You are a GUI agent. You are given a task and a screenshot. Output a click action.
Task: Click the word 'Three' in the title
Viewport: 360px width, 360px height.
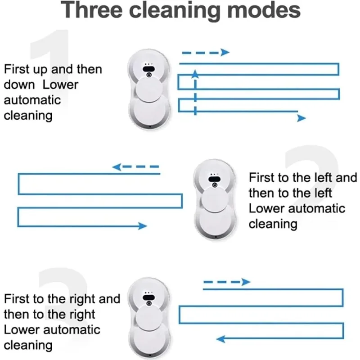coord(92,10)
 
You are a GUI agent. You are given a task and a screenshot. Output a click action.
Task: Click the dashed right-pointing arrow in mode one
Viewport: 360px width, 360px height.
coord(206,53)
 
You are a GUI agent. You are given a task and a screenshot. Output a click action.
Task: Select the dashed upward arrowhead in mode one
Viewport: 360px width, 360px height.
coord(195,73)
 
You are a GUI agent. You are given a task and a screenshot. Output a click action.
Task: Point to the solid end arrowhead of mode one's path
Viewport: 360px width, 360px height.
coord(301,118)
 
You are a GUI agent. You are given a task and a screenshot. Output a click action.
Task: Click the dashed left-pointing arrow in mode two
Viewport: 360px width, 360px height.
coord(135,166)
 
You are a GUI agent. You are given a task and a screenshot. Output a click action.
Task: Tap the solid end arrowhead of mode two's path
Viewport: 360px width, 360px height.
coord(143,226)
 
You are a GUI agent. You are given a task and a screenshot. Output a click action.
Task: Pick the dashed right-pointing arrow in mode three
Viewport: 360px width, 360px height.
coord(227,282)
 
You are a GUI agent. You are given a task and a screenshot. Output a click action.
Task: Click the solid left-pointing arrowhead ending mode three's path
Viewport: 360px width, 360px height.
coord(220,339)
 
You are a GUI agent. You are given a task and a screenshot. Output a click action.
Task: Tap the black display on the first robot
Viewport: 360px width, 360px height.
coord(149,69)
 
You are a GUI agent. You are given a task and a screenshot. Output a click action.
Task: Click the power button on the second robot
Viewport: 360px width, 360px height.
coord(215,185)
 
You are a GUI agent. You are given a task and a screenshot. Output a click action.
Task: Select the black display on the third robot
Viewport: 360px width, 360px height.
coord(149,298)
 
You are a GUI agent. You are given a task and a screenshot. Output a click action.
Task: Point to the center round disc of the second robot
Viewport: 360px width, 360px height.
coord(215,200)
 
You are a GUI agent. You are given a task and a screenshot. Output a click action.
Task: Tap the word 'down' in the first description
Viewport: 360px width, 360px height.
coord(19,85)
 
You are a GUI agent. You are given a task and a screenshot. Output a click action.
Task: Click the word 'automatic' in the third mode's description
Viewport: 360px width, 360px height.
coord(72,330)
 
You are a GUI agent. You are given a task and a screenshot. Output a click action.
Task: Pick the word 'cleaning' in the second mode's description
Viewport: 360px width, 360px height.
coord(273,224)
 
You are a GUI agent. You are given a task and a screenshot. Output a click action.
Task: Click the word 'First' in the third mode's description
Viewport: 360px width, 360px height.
coord(17,299)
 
